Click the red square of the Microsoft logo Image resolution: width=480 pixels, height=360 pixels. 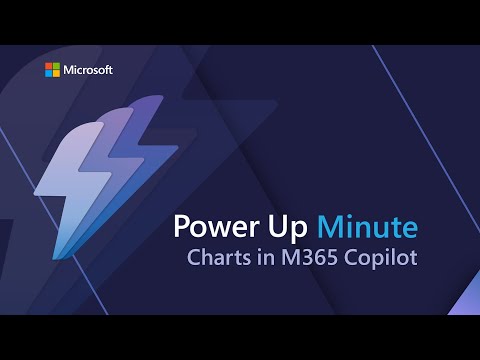coord(47,66)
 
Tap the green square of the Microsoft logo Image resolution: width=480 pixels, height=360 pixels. coord(54,66)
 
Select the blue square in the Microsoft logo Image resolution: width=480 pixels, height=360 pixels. coord(47,73)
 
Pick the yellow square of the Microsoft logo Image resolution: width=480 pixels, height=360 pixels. coord(54,73)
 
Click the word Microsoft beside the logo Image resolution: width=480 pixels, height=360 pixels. coord(87,70)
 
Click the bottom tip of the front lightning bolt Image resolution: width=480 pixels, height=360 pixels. coord(67,252)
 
